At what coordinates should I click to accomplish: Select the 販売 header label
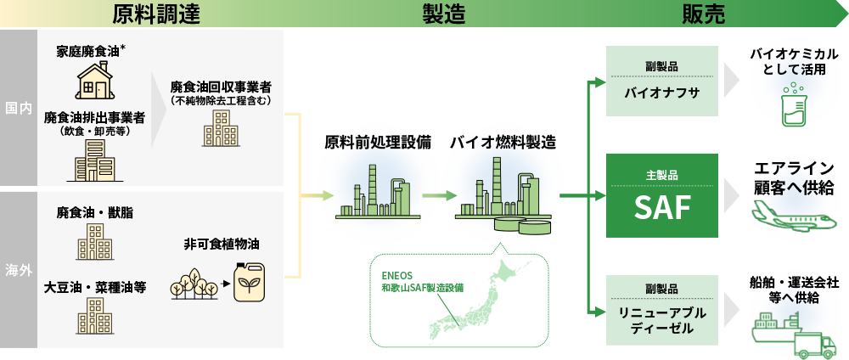click(x=703, y=13)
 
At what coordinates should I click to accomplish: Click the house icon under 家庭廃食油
click(x=94, y=82)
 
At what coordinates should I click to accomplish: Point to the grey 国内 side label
click(x=18, y=110)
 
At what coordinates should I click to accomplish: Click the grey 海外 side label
click(x=18, y=270)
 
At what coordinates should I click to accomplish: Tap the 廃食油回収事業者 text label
click(x=221, y=87)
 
